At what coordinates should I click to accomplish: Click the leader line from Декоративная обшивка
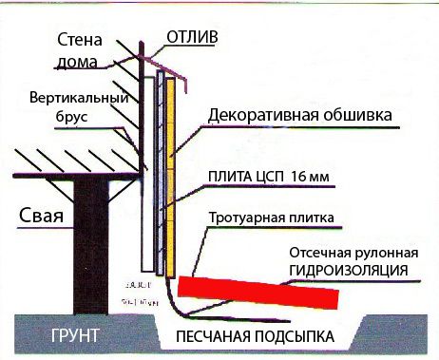[190, 133]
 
